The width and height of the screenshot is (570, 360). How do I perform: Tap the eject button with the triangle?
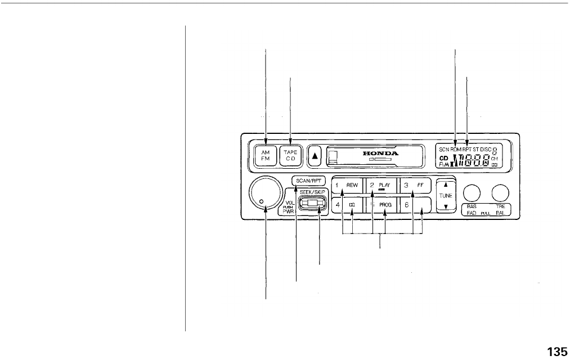coord(316,156)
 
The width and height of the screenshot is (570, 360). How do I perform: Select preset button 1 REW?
coord(347,185)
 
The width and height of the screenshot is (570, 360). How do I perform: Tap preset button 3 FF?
coord(415,185)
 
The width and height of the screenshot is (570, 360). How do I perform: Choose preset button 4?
coord(347,205)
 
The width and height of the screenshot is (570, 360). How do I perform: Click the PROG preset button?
coord(381,205)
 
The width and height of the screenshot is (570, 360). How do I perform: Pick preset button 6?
coord(415,205)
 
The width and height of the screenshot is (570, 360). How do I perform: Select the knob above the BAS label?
coord(472,193)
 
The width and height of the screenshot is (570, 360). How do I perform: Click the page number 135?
coord(556,352)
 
